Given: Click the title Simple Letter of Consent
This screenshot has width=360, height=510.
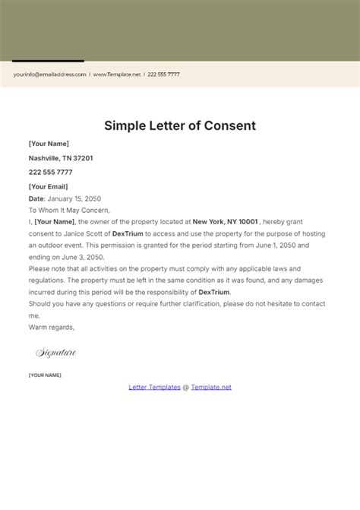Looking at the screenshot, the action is click(180, 125).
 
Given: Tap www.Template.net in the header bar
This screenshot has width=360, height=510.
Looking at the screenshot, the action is click(117, 74).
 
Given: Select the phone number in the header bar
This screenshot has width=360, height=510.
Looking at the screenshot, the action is click(164, 74).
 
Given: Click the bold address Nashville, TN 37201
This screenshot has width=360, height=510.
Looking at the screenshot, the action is click(61, 158).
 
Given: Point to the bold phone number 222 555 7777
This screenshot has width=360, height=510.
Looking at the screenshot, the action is click(50, 173).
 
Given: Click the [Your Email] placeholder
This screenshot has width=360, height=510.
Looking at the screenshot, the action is click(48, 186).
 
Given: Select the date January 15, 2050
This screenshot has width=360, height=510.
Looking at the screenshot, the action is click(75, 198).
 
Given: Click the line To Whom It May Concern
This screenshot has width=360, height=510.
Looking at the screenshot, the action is click(69, 210).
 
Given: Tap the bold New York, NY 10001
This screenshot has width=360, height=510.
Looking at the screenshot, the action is click(226, 222).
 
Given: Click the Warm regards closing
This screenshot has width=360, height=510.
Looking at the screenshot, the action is click(52, 327).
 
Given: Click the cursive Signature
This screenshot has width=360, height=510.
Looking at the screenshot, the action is click(56, 353).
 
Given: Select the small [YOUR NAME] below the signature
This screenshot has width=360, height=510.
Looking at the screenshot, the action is click(45, 375).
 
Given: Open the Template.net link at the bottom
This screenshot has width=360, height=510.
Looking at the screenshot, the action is click(211, 387).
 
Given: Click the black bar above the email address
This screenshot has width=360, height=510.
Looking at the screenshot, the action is click(48, 61).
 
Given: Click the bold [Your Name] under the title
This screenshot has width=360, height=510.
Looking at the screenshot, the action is click(49, 144).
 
